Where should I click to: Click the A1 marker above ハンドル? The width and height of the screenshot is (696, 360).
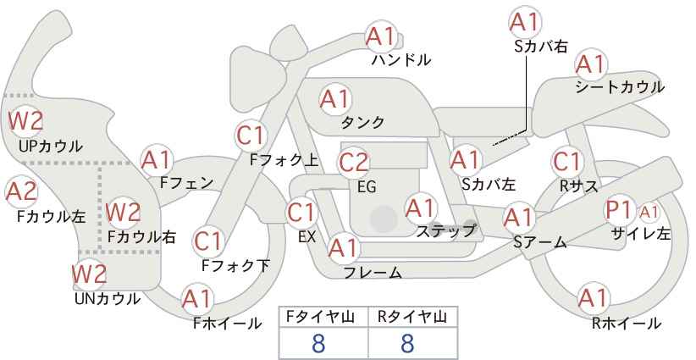pyautogui.click(x=381, y=36)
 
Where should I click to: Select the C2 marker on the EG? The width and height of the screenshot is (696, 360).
pyautogui.click(x=354, y=163)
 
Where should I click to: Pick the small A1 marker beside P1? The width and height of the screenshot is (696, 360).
pyautogui.click(x=649, y=213)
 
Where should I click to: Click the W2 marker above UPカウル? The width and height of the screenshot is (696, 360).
pyautogui.click(x=25, y=121)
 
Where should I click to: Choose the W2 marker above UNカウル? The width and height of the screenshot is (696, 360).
pyautogui.click(x=90, y=274)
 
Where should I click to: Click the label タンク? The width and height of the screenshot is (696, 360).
pyautogui.click(x=362, y=123)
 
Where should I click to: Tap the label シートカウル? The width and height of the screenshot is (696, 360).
pyautogui.click(x=620, y=87)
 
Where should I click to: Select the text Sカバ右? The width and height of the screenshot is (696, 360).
pyautogui.click(x=541, y=47)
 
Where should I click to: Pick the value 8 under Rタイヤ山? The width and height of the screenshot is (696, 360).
pyautogui.click(x=407, y=344)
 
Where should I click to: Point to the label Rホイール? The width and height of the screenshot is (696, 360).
pyautogui.click(x=627, y=324)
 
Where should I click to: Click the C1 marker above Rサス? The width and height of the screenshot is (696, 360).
pyautogui.click(x=567, y=162)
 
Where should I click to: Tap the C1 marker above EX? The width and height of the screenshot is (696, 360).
pyautogui.click(x=302, y=213)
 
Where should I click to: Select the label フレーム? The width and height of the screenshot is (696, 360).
pyautogui.click(x=373, y=272)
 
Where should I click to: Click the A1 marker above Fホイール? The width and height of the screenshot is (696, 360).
pyautogui.click(x=197, y=300)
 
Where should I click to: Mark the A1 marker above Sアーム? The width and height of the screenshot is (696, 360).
pyautogui.click(x=519, y=218)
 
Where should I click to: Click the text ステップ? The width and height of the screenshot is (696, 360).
pyautogui.click(x=446, y=231)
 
